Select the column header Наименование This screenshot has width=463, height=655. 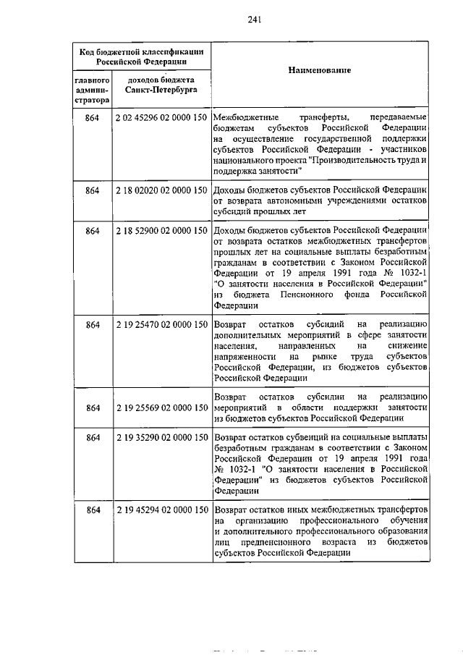point(319,71)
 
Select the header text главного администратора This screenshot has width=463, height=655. point(91,90)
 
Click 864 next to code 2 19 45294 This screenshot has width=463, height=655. point(92,510)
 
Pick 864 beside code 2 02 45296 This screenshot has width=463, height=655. point(92,117)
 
